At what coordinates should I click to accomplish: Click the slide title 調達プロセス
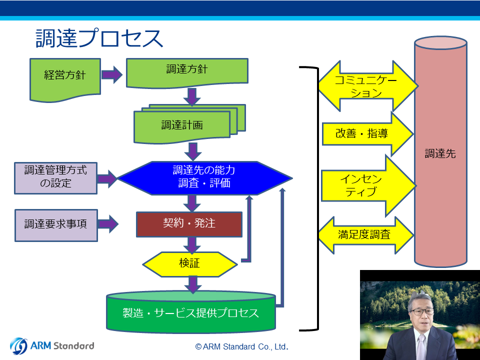pos(99,38)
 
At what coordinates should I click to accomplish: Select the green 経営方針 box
pos(65,79)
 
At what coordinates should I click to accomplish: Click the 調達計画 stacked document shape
pos(190,124)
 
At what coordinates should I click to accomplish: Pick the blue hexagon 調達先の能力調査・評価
pos(204,178)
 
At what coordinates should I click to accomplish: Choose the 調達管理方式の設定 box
pos(55,178)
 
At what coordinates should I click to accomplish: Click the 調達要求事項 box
pos(56,225)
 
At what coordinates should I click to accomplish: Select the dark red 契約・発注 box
pos(189,224)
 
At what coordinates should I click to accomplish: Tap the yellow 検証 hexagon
pos(190,264)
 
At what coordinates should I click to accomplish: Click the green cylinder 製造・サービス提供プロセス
pos(191,312)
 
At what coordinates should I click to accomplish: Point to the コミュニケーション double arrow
pos(368,86)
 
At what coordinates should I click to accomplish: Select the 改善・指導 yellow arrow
pos(368,134)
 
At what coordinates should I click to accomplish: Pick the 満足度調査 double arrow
pos(366,235)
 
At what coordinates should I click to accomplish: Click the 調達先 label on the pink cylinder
pos(440,153)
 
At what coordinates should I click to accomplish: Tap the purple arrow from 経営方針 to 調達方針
pos(111,74)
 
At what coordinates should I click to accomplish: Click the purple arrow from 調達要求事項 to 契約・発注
pos(108,224)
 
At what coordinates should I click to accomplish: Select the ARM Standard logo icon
pos(18,346)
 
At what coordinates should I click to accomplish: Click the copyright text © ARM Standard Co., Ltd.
pos(242,346)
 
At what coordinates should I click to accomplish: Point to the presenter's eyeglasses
pos(422,312)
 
